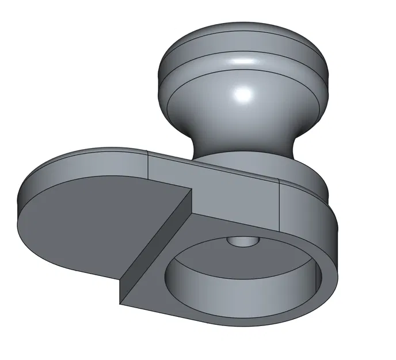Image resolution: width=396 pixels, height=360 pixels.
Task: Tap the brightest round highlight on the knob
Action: click(x=242, y=93)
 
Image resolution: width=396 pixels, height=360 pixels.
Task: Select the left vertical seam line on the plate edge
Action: click(x=149, y=167)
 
